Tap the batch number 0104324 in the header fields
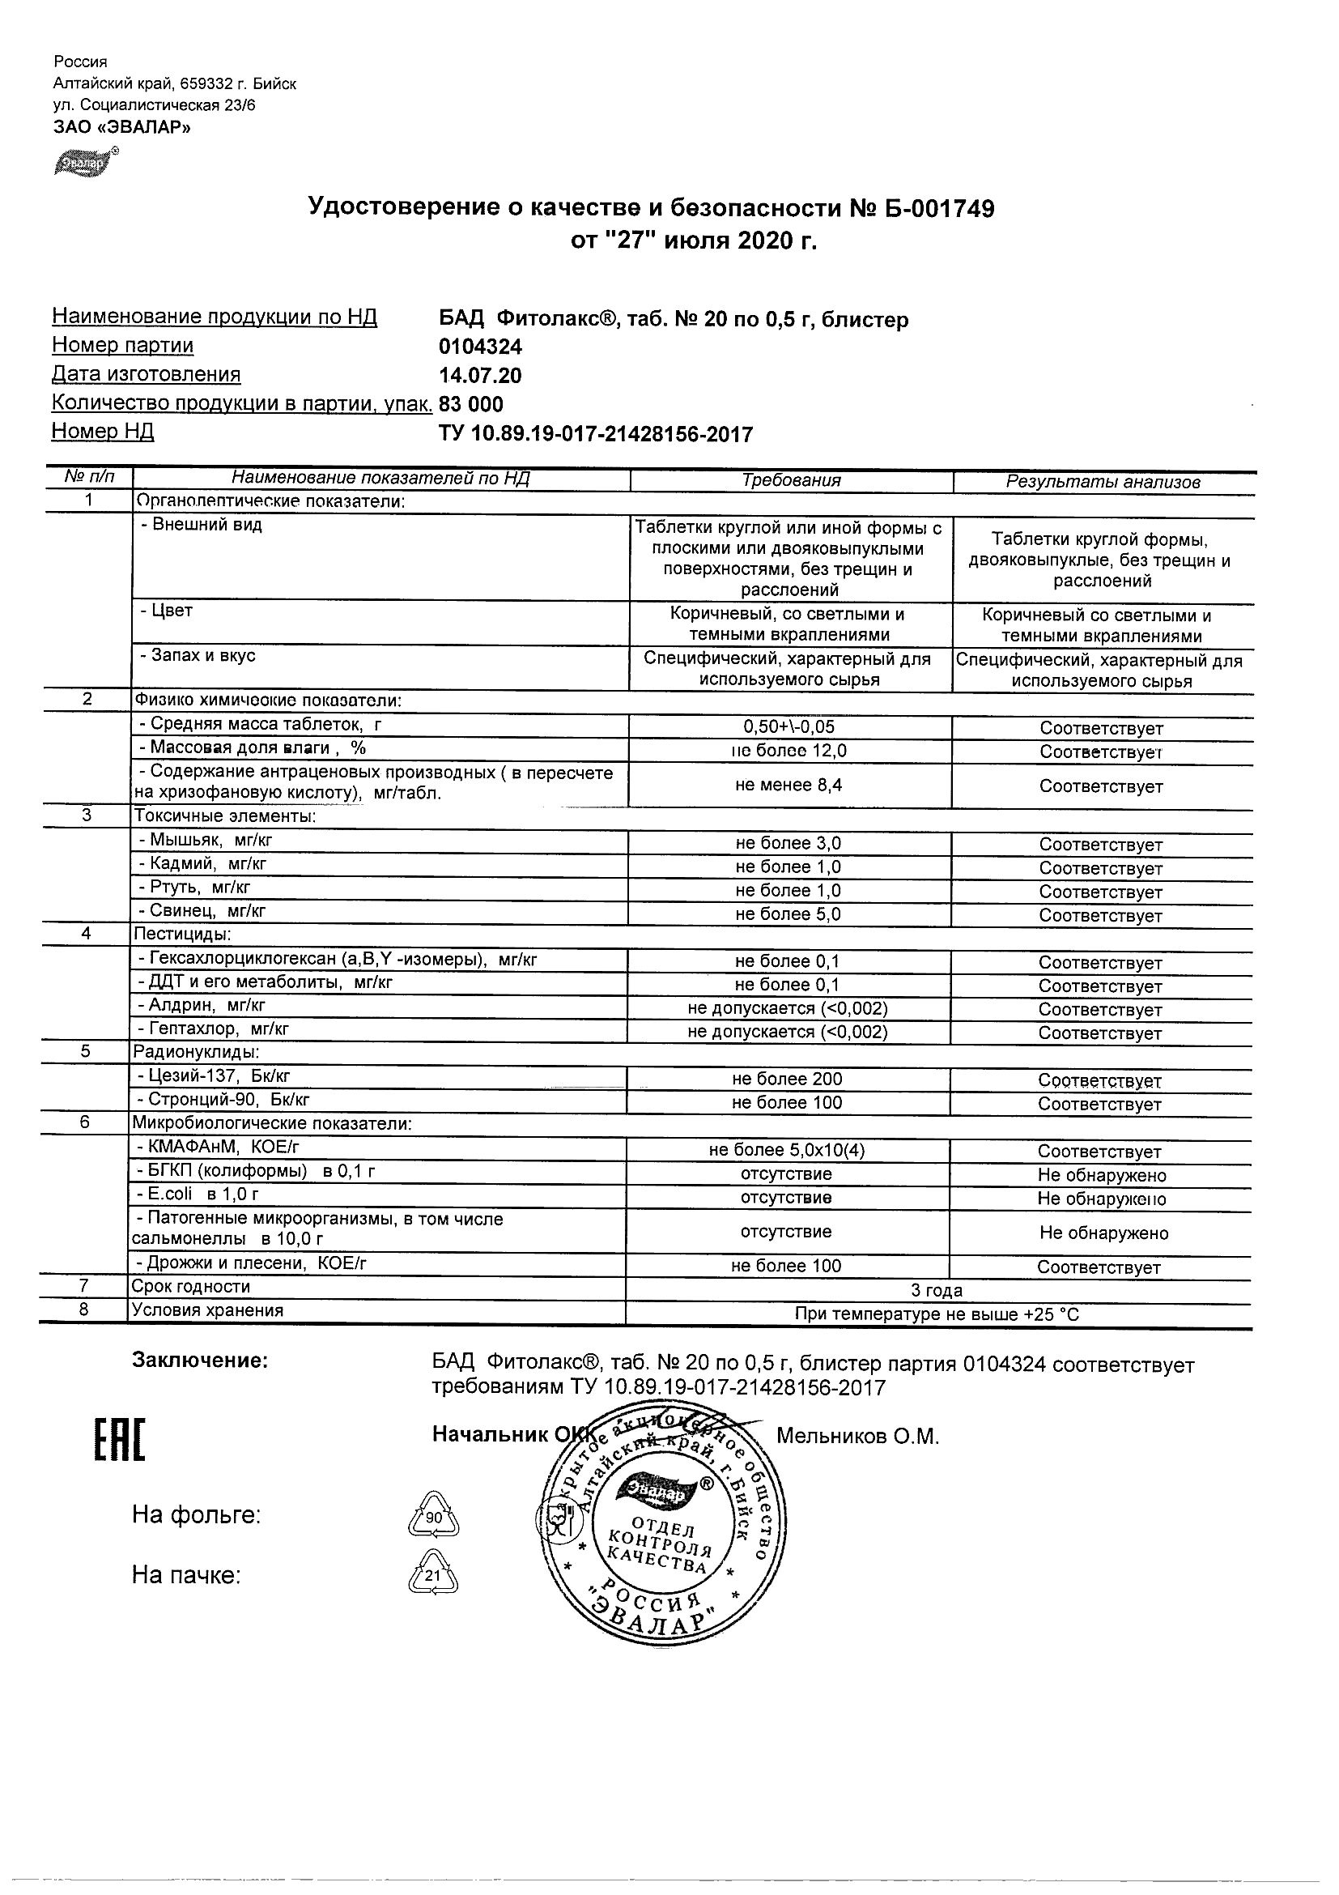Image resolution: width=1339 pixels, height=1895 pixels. pos(480,347)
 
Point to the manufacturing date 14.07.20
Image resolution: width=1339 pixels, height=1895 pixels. pos(480,377)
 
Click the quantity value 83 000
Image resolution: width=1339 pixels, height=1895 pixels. pos(471,404)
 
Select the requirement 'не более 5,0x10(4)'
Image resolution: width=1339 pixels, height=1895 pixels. pos(787,1151)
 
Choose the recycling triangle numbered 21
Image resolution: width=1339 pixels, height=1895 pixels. pos(433,1575)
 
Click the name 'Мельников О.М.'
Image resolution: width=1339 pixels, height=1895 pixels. pos(858,1437)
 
